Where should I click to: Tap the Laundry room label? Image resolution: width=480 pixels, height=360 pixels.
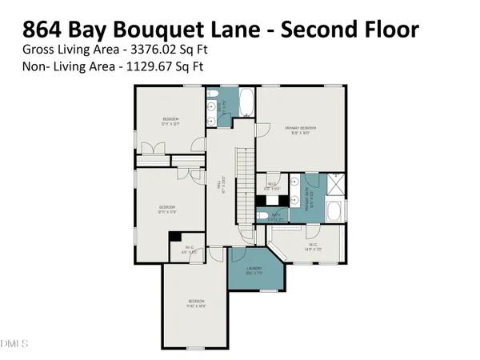tap(254, 270)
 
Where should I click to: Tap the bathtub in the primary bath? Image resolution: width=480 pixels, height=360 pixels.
tap(334, 211)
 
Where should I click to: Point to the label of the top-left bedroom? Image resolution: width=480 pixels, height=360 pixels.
tap(170, 121)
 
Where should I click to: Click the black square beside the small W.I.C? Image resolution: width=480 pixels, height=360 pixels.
tap(174, 238)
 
